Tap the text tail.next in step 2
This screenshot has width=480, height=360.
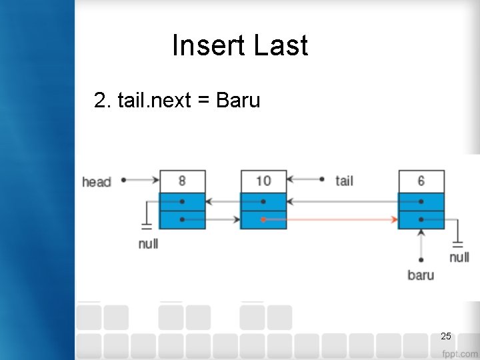154,101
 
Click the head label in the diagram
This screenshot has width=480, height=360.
96,181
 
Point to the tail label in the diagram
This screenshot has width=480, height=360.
344,180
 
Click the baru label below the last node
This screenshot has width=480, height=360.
420,275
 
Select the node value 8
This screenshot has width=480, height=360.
182,181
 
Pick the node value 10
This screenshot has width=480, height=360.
263,181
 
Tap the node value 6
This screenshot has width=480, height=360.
421,181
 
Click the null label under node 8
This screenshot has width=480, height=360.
148,243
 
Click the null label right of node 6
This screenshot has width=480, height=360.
459,257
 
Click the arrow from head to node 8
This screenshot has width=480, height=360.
142,180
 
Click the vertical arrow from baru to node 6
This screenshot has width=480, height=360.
421,243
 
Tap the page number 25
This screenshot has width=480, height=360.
446,335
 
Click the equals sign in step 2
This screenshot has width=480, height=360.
204,101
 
